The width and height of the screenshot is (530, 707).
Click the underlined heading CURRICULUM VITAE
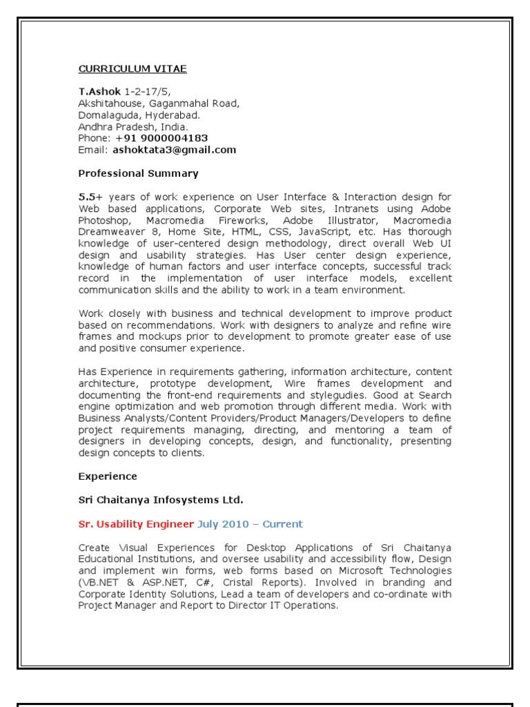point(132,68)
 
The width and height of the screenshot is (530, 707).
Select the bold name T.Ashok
point(99,91)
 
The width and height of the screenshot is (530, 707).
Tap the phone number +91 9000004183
point(161,138)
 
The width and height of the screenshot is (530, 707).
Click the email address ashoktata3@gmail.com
point(175,150)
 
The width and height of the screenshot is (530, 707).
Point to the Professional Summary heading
point(138,173)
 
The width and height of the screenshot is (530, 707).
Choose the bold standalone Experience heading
point(108,476)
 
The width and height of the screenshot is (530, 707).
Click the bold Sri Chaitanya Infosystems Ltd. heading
point(161,499)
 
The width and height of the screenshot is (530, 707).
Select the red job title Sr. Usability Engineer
point(136,524)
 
